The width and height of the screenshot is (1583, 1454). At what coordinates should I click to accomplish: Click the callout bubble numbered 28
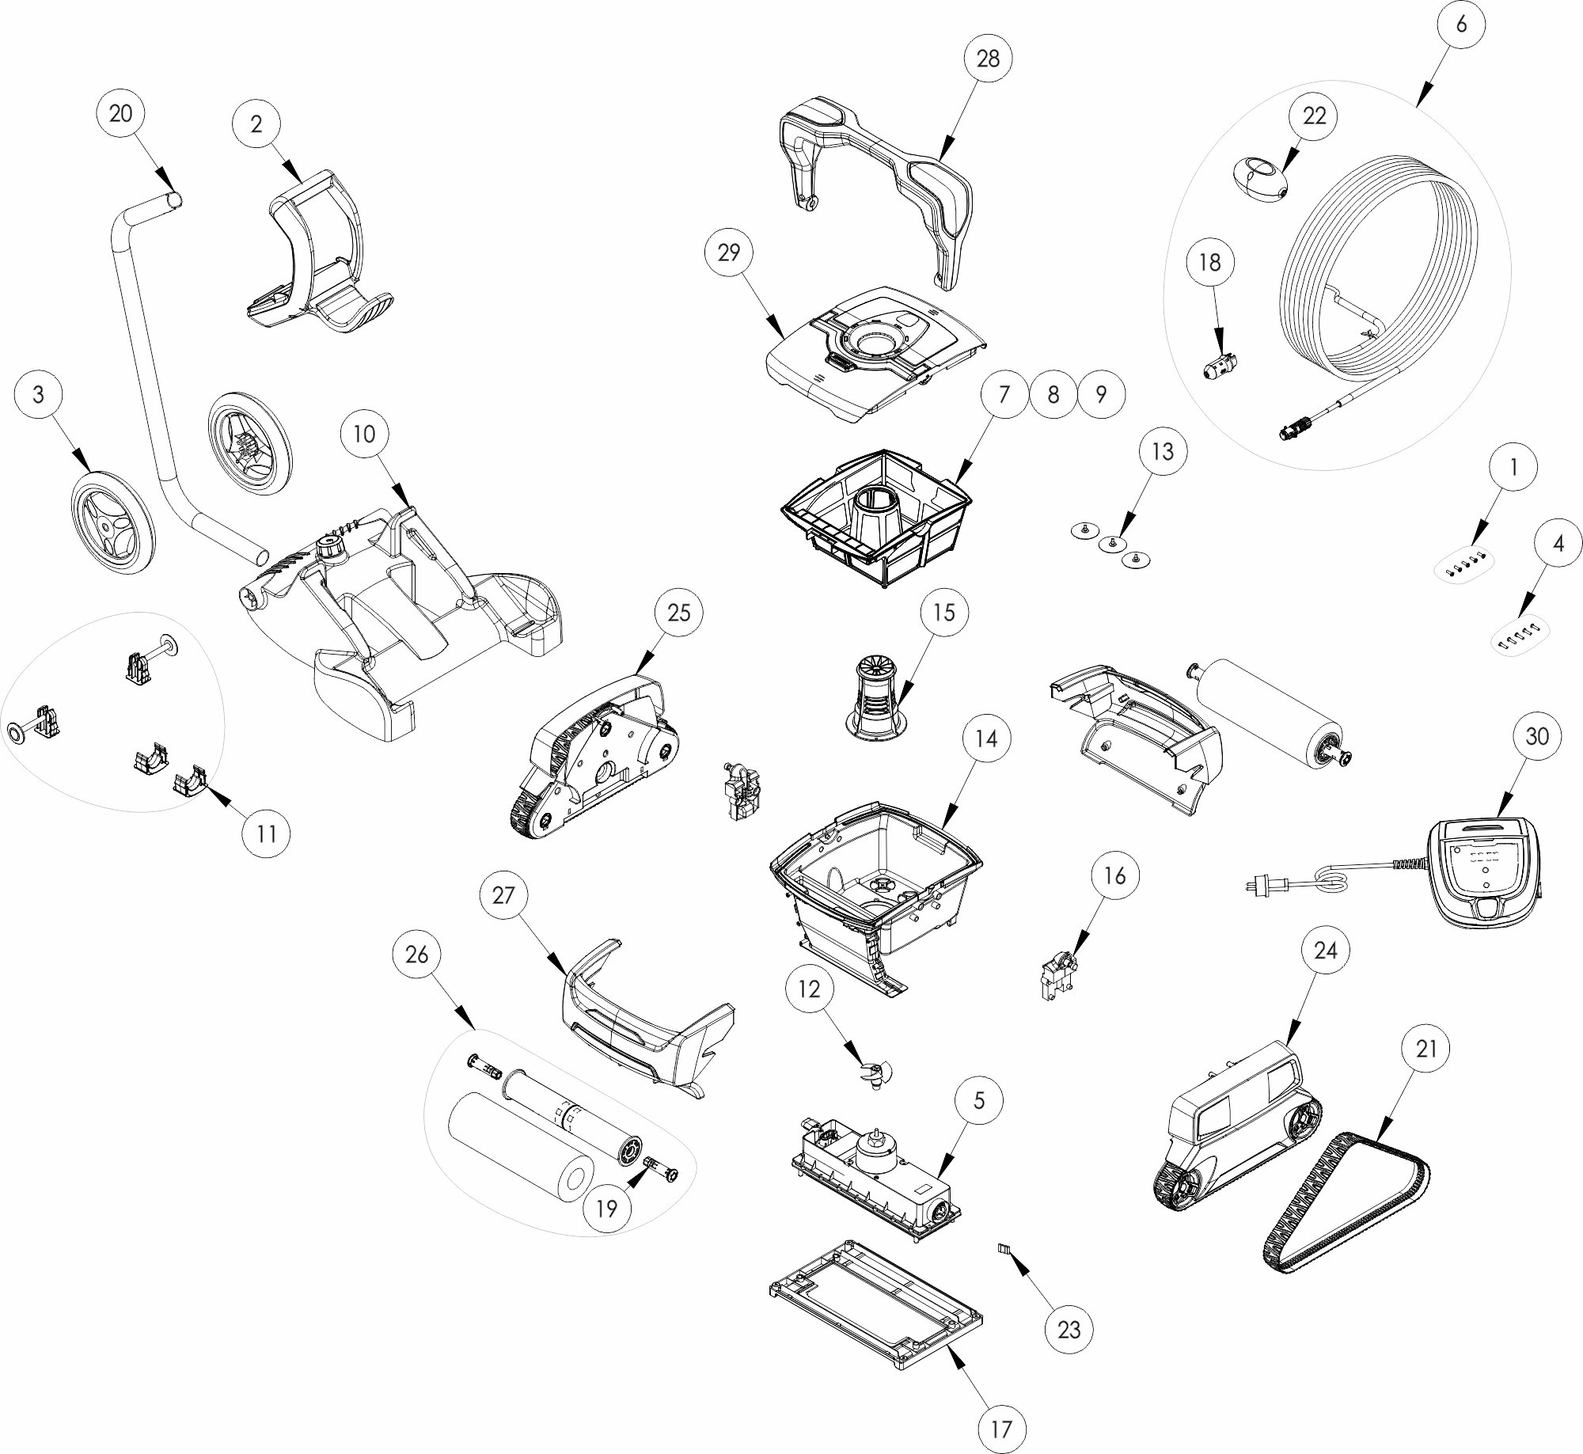[988, 59]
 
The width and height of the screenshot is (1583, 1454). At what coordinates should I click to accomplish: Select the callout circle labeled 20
[120, 114]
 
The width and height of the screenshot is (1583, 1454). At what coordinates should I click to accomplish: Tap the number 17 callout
[1001, 1429]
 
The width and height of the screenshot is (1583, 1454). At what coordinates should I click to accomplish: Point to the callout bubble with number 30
[1536, 736]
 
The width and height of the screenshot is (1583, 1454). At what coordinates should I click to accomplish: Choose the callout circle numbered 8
[1053, 394]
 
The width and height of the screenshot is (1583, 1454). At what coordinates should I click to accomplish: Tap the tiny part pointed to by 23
[1004, 1248]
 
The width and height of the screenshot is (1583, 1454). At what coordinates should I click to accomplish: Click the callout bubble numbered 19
[606, 1209]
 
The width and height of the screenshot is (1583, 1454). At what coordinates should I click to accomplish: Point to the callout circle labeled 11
[267, 833]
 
